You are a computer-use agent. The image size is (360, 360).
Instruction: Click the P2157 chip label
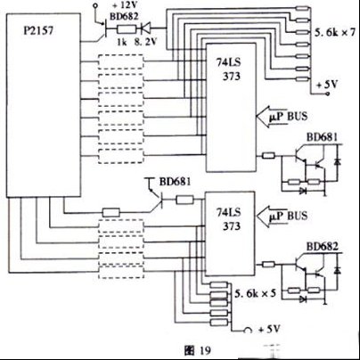point(38,31)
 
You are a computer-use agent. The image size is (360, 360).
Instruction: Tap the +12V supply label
point(125,5)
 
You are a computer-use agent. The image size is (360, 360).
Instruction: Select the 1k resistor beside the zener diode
point(127,29)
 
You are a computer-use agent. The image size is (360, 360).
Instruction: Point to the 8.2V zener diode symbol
point(145,29)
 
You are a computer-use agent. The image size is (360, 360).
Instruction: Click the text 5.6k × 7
point(335,32)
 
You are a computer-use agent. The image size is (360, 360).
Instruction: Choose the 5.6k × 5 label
point(255,294)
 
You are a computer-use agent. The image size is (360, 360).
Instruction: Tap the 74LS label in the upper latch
point(228,62)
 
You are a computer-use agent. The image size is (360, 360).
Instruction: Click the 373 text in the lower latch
point(232,226)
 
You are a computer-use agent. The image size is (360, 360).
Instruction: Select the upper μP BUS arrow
point(272,117)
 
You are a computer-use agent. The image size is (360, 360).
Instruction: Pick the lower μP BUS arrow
point(272,217)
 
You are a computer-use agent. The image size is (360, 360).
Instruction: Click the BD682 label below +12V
point(124,16)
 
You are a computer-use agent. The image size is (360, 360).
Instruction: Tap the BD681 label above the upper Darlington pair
point(323,137)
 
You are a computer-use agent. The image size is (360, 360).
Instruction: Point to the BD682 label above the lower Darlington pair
point(323,247)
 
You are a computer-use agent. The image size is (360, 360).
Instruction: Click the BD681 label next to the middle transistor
point(175,182)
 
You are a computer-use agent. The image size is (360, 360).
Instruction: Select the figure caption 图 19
point(197,350)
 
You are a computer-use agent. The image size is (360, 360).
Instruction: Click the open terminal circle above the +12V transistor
point(95,5)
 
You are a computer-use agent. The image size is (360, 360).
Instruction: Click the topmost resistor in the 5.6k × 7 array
point(302,9)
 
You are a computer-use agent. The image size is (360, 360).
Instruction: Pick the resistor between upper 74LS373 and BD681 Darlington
point(268,155)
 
